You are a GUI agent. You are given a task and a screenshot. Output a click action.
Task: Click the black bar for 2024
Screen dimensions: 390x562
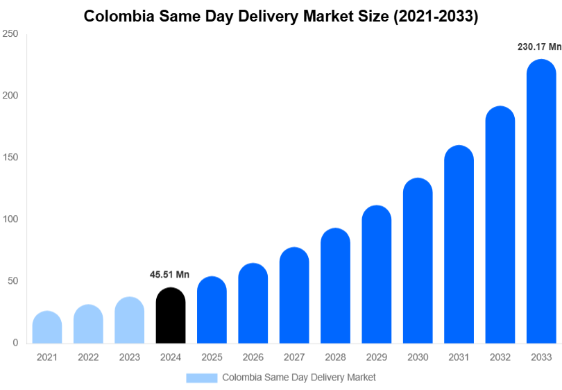tap(171, 316)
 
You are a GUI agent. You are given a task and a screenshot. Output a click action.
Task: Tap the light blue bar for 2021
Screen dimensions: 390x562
tap(47, 328)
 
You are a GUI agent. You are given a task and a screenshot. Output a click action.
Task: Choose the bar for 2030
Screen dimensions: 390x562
tap(418, 261)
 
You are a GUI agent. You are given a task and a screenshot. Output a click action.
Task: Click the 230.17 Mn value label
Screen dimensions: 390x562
tap(539, 47)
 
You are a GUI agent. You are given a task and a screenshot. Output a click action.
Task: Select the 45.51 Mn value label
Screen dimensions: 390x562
tap(169, 275)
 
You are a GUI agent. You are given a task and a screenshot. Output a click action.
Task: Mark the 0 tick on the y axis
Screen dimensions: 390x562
tap(15, 343)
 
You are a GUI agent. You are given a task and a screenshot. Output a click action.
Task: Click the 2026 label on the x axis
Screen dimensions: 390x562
tap(253, 357)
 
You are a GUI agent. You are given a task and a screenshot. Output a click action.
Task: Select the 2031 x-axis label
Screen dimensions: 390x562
tap(459, 357)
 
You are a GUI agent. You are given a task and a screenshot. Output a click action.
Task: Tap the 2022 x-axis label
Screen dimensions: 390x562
tap(88, 357)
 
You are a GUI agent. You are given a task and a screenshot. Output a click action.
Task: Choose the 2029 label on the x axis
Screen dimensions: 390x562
tap(376, 357)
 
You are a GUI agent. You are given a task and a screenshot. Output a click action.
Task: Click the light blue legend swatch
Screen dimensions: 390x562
tap(201, 378)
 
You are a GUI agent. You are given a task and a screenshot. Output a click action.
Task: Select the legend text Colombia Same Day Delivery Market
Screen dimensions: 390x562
tap(298, 378)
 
